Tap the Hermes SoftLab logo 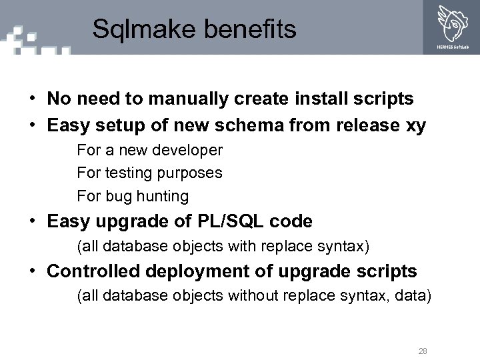pyautogui.click(x=453, y=25)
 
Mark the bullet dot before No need pyautogui.click(x=32, y=99)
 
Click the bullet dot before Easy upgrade pyautogui.click(x=32, y=221)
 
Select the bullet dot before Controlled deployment pyautogui.click(x=32, y=271)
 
